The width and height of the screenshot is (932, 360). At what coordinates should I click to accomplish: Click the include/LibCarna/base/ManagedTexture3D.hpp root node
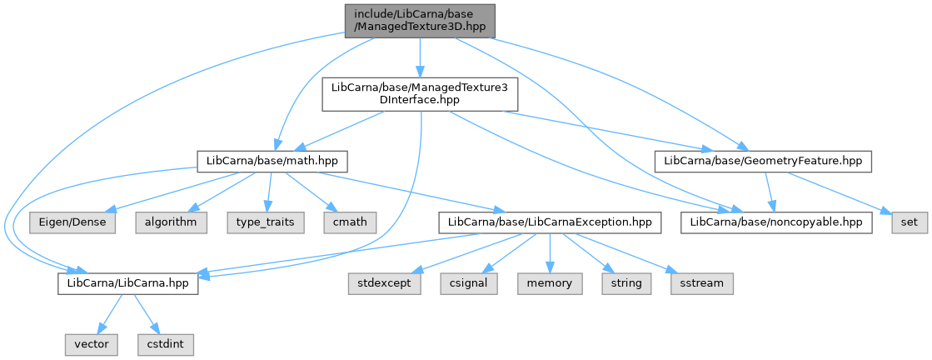[420, 21]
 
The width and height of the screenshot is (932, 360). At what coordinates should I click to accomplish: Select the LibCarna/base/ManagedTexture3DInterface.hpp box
[420, 94]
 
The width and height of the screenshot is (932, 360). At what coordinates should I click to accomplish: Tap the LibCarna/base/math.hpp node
[272, 162]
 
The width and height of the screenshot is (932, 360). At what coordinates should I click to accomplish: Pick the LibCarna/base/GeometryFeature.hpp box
[763, 162]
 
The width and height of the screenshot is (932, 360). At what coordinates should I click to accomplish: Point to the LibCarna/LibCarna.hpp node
[127, 283]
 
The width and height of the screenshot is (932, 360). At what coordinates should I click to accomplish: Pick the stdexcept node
[384, 283]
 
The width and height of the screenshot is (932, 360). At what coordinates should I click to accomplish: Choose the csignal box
[469, 283]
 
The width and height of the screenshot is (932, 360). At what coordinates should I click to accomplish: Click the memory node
[550, 283]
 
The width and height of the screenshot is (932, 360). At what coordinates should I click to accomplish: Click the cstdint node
[166, 344]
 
